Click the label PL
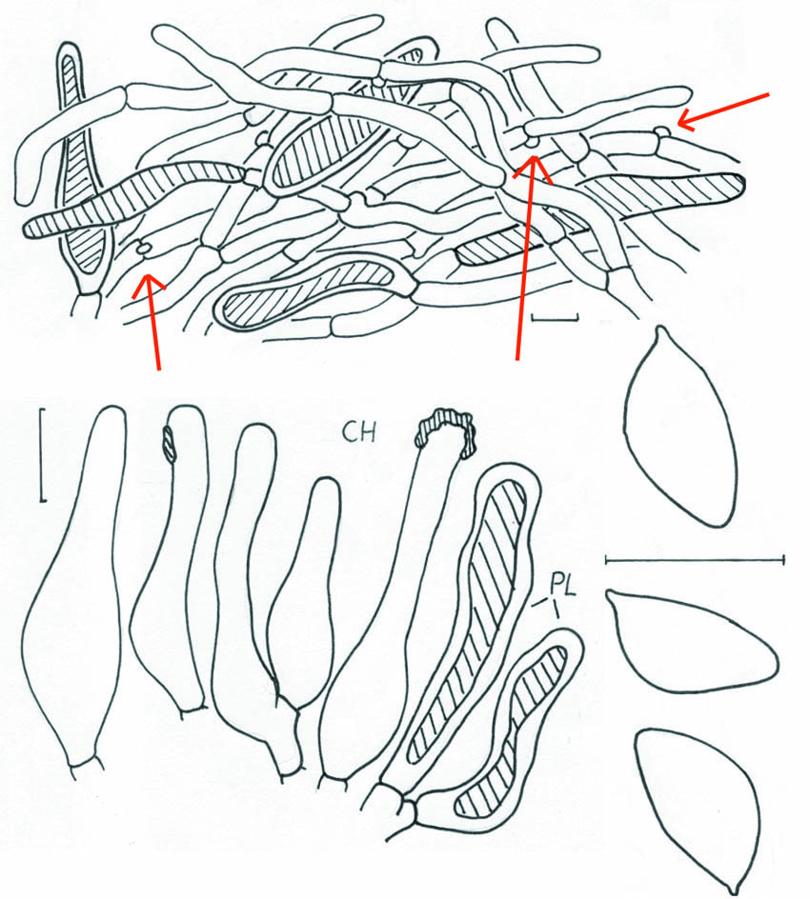coord(563,585)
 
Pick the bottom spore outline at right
coord(699,809)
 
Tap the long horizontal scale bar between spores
coord(695,559)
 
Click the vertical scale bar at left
coord(43,455)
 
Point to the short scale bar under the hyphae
coord(555,316)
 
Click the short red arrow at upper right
coord(722,110)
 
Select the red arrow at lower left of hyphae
coord(151,321)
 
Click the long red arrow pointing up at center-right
coord(527,258)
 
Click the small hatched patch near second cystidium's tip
coord(169,445)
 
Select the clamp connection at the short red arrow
coord(662,133)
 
